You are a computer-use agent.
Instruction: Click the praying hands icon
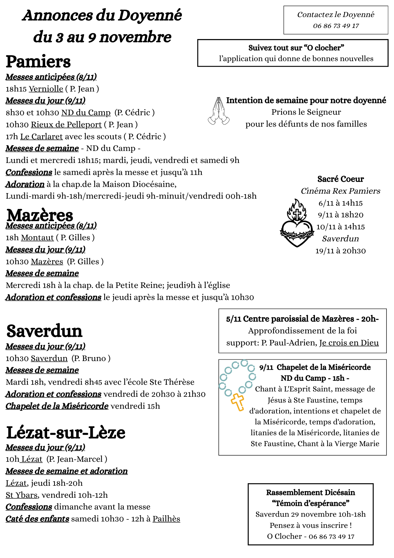219,111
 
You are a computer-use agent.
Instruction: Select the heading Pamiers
38,62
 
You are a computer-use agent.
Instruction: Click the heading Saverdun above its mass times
44,331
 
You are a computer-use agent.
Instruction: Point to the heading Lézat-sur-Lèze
66,433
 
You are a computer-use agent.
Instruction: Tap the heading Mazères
40,215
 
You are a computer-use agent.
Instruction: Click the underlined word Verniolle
46,89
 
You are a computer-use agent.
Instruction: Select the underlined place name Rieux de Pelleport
66,124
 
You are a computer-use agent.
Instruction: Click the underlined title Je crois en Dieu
349,343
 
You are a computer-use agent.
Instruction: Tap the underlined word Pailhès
166,519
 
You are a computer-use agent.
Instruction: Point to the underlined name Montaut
37,237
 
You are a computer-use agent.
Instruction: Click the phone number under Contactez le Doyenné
336,26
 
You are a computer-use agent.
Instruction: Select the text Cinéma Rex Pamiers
340,191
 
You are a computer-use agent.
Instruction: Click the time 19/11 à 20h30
340,251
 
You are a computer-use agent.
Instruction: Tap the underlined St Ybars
21,495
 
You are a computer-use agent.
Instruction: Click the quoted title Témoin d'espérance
310,503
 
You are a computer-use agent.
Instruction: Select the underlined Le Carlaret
42,136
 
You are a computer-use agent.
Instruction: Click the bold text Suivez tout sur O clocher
296,48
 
